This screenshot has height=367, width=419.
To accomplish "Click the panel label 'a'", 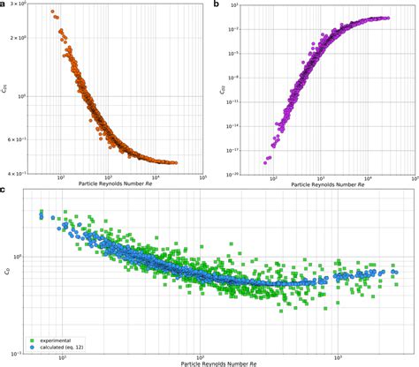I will (4, 5).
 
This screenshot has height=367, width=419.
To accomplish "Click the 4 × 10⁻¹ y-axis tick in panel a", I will (23, 173).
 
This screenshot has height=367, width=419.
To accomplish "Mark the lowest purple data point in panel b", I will (267, 161).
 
